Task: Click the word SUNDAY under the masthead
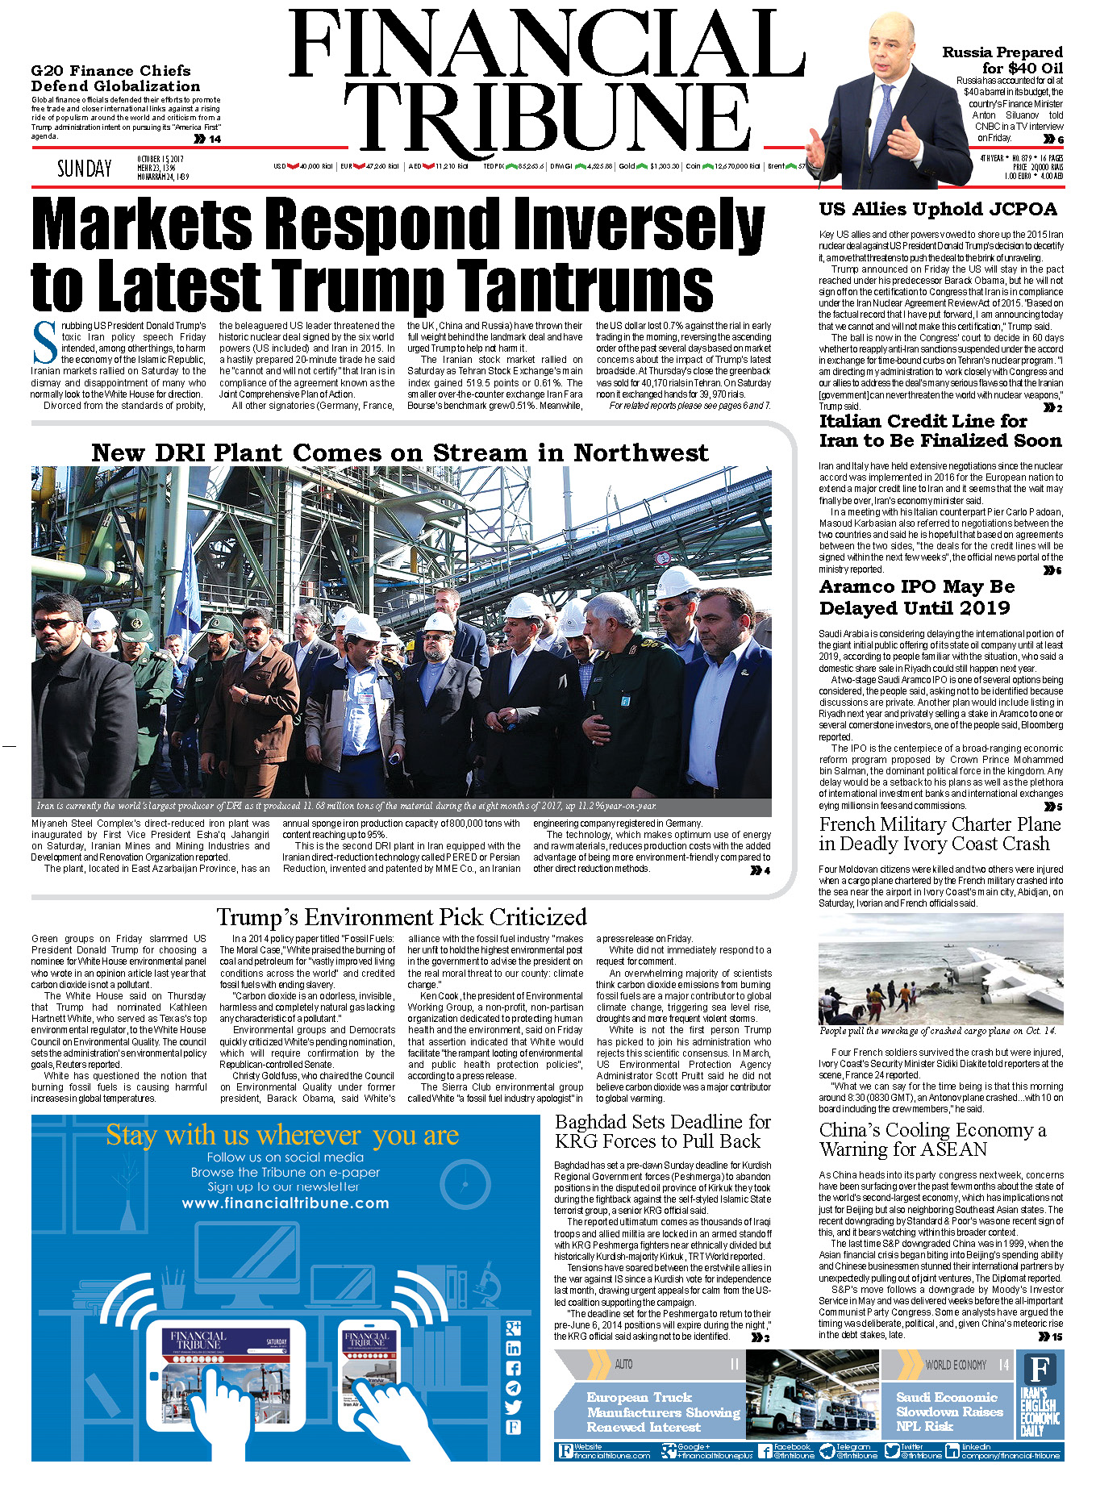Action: pos(84,168)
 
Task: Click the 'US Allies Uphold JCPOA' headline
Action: pos(938,210)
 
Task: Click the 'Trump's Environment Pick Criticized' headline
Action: pos(401,917)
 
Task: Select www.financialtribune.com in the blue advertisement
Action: pos(285,1203)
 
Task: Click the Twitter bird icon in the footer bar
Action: pos(891,1451)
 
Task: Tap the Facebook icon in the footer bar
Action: pos(765,1451)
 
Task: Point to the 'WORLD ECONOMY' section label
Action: pos(955,1365)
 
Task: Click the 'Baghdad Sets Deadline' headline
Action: pos(663,1132)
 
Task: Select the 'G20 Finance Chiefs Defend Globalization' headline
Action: pos(115,78)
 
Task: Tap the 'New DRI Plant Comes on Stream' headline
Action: pos(400,452)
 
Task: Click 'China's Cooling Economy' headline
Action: pos(932,1140)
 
